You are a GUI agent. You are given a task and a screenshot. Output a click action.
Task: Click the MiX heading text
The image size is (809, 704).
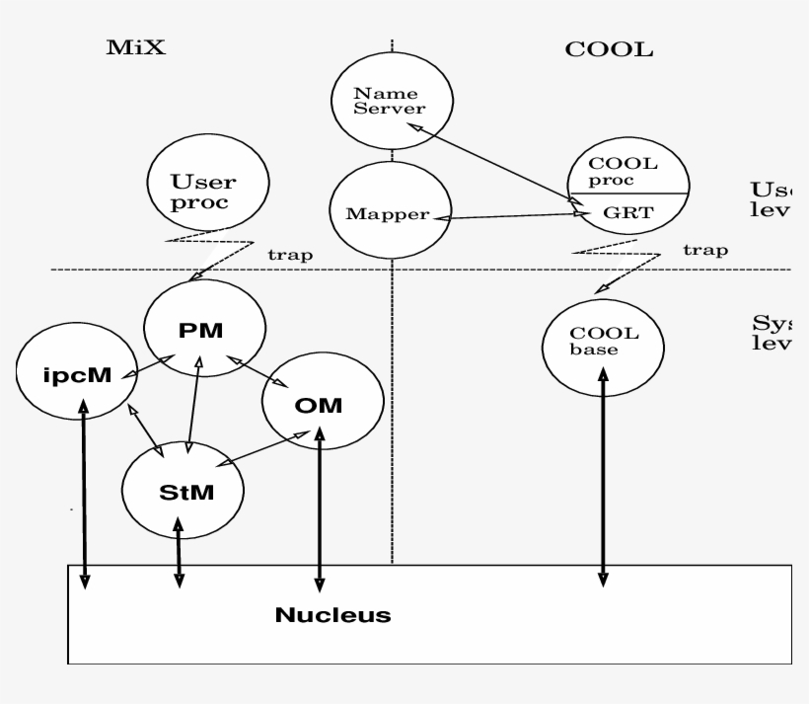[x=136, y=47]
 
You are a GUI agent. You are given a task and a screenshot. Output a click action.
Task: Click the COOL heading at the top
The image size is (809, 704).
[x=609, y=50]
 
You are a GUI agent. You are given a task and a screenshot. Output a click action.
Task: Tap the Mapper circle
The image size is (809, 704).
[x=390, y=212]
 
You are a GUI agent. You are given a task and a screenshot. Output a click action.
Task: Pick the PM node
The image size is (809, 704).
[x=205, y=331]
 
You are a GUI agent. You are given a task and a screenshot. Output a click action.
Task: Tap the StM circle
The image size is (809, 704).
[x=183, y=490]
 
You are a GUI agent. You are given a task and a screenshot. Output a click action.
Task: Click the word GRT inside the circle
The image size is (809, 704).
[x=623, y=211]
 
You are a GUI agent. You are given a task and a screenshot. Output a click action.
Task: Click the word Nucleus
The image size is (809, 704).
[x=332, y=616]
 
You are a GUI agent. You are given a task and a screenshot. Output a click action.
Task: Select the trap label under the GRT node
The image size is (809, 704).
[x=704, y=250]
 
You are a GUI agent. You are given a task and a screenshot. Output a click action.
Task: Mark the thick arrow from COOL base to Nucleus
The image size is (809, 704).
[x=603, y=474]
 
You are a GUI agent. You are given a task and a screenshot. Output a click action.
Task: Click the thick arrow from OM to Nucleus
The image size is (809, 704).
[x=319, y=504]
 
